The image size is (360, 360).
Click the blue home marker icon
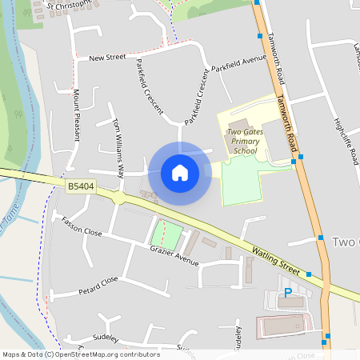click(x=179, y=172)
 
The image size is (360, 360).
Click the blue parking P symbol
click(x=288, y=293)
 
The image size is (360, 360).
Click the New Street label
click(x=107, y=58)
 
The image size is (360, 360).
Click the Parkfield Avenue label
click(x=239, y=62)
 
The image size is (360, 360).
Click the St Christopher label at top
click(x=72, y=6)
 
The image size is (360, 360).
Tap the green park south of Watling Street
click(x=166, y=234)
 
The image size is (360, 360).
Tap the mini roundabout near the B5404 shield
click(x=118, y=197)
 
